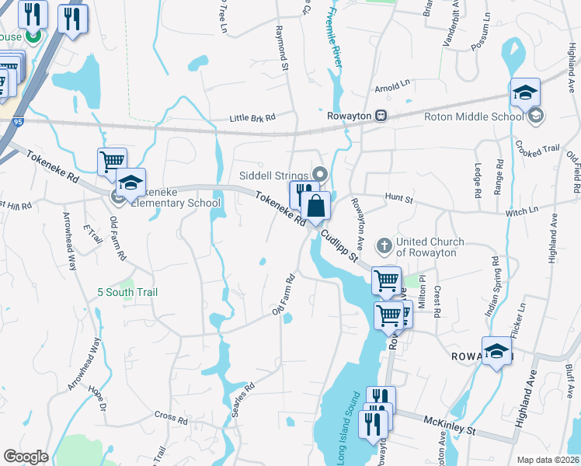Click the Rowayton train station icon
pyautogui.click(x=381, y=116)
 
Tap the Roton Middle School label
pyautogui.click(x=474, y=117)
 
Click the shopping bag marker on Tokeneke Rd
pyautogui.click(x=316, y=207)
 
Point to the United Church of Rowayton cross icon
pyautogui.click(x=384, y=246)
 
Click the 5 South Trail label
pyautogui.click(x=127, y=292)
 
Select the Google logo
pyautogui.click(x=26, y=456)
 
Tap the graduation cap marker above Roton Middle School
pyautogui.click(x=525, y=92)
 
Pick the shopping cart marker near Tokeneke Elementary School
pyautogui.click(x=112, y=162)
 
